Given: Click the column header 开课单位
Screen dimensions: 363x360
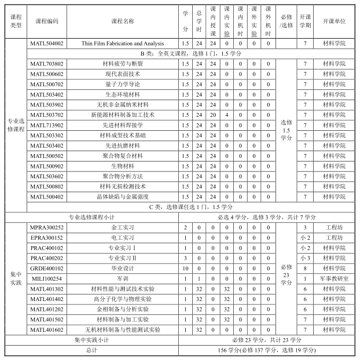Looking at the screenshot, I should click(x=334, y=21).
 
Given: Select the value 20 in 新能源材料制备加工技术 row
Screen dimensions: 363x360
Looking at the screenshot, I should click(x=213, y=115).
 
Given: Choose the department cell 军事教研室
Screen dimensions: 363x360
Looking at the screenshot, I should click(x=334, y=278).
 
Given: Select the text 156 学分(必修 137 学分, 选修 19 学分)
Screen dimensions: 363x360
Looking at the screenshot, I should click(x=266, y=350).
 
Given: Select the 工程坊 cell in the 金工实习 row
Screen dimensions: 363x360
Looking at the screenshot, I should click(x=334, y=228).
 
